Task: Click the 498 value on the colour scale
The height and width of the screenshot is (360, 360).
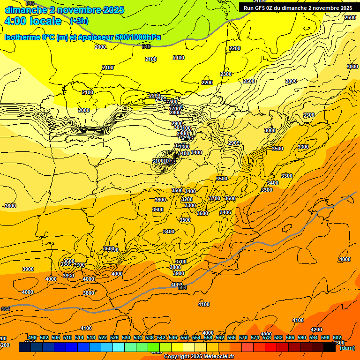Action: pyautogui.click(x=32, y=338)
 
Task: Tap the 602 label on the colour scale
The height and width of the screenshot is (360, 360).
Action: pyautogui.click(x=337, y=338)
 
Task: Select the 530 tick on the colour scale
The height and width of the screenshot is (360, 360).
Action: pyautogui.click(x=126, y=338)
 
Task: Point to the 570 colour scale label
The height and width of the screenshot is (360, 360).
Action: pyautogui.click(x=243, y=338)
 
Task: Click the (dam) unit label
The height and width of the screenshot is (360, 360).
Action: pyautogui.click(x=347, y=348)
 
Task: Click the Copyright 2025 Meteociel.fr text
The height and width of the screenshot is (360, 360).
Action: pyautogui.click(x=199, y=356)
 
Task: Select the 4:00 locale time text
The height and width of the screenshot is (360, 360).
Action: pyautogui.click(x=33, y=21)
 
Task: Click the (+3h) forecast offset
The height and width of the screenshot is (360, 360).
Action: pyautogui.click(x=79, y=21)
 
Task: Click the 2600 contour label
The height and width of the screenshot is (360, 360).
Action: pyautogui.click(x=350, y=17)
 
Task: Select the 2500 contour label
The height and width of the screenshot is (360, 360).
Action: pyautogui.click(x=249, y=81)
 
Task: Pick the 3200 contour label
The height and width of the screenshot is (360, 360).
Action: pyautogui.click(x=187, y=199)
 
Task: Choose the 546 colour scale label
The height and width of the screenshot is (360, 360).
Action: pyautogui.click(x=173, y=338)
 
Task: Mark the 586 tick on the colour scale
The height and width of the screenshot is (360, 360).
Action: pyautogui.click(x=290, y=338)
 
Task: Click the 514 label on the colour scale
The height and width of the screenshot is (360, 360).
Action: pyautogui.click(x=79, y=338)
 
